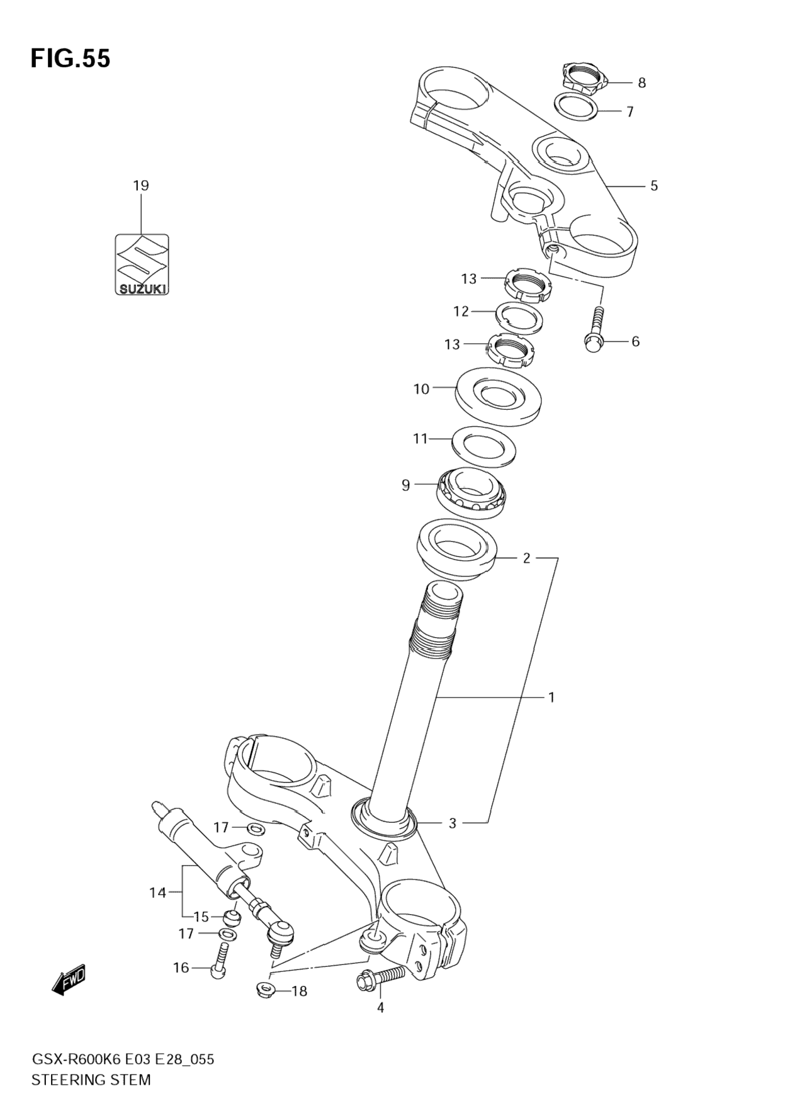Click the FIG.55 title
[x=71, y=59]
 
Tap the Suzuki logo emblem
[x=142, y=264]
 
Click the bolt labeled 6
[x=594, y=330]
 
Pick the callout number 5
[x=654, y=186]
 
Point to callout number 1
[x=551, y=698]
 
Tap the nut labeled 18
[x=265, y=991]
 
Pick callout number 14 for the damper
[x=157, y=892]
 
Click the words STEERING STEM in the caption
[x=91, y=1080]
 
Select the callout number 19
[x=141, y=186]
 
